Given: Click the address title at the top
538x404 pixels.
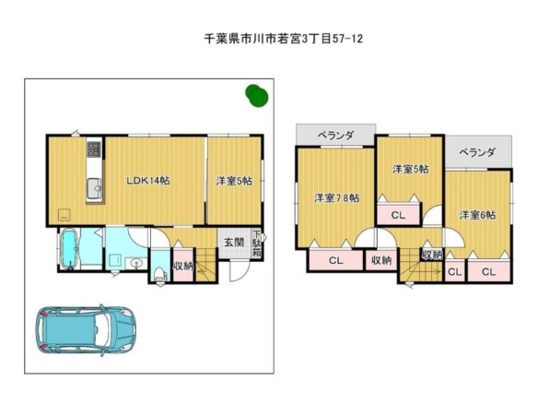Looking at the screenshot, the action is [x=284, y=39].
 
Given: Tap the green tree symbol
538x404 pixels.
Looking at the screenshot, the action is [x=257, y=96].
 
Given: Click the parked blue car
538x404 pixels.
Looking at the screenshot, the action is [x=86, y=330].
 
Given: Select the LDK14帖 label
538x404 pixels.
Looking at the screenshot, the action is [x=148, y=181].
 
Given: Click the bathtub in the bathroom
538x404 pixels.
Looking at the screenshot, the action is [x=70, y=249].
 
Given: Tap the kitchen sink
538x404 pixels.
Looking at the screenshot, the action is [x=94, y=188].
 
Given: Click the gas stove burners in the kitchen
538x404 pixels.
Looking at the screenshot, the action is [x=94, y=149].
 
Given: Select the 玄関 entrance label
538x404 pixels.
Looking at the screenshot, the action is [x=234, y=243].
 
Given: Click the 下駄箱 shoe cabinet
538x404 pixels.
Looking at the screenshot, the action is [x=257, y=244].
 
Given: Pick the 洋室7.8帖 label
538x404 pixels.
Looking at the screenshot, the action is [x=337, y=198].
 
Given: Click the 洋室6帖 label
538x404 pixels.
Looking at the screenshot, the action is [x=477, y=215].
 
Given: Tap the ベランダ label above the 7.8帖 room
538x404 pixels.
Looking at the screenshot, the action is [x=335, y=136].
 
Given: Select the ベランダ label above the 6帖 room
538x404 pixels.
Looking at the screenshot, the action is [x=477, y=152].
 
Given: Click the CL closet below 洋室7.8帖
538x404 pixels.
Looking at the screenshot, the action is [x=336, y=260].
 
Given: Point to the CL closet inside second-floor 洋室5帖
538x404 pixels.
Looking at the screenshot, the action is [x=398, y=215].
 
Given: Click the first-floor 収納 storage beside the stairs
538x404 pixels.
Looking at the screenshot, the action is [x=183, y=265].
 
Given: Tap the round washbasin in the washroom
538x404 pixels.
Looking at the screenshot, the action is [x=137, y=264].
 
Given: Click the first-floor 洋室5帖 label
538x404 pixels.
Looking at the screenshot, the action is [x=234, y=181].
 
